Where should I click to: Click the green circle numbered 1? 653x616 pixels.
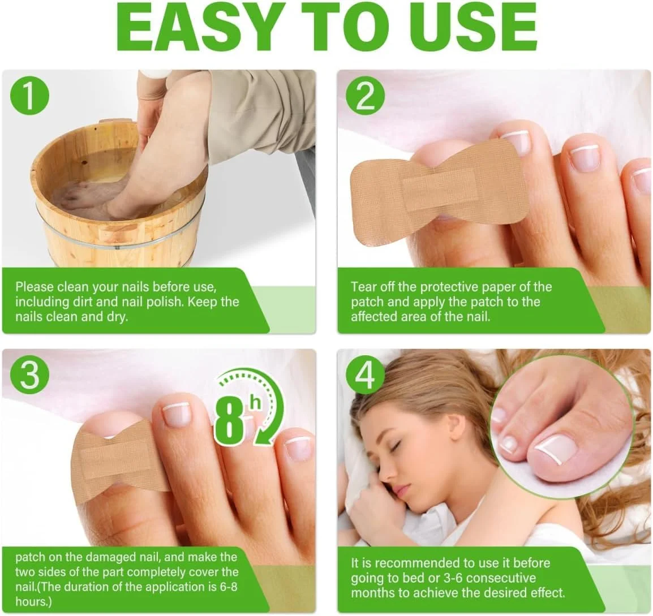tap(29, 96)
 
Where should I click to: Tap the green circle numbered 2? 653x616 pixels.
tap(365, 96)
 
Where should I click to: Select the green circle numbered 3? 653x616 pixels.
tap(29, 374)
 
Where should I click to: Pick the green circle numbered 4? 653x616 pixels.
tap(365, 374)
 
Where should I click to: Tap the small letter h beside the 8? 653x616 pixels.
tap(255, 404)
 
